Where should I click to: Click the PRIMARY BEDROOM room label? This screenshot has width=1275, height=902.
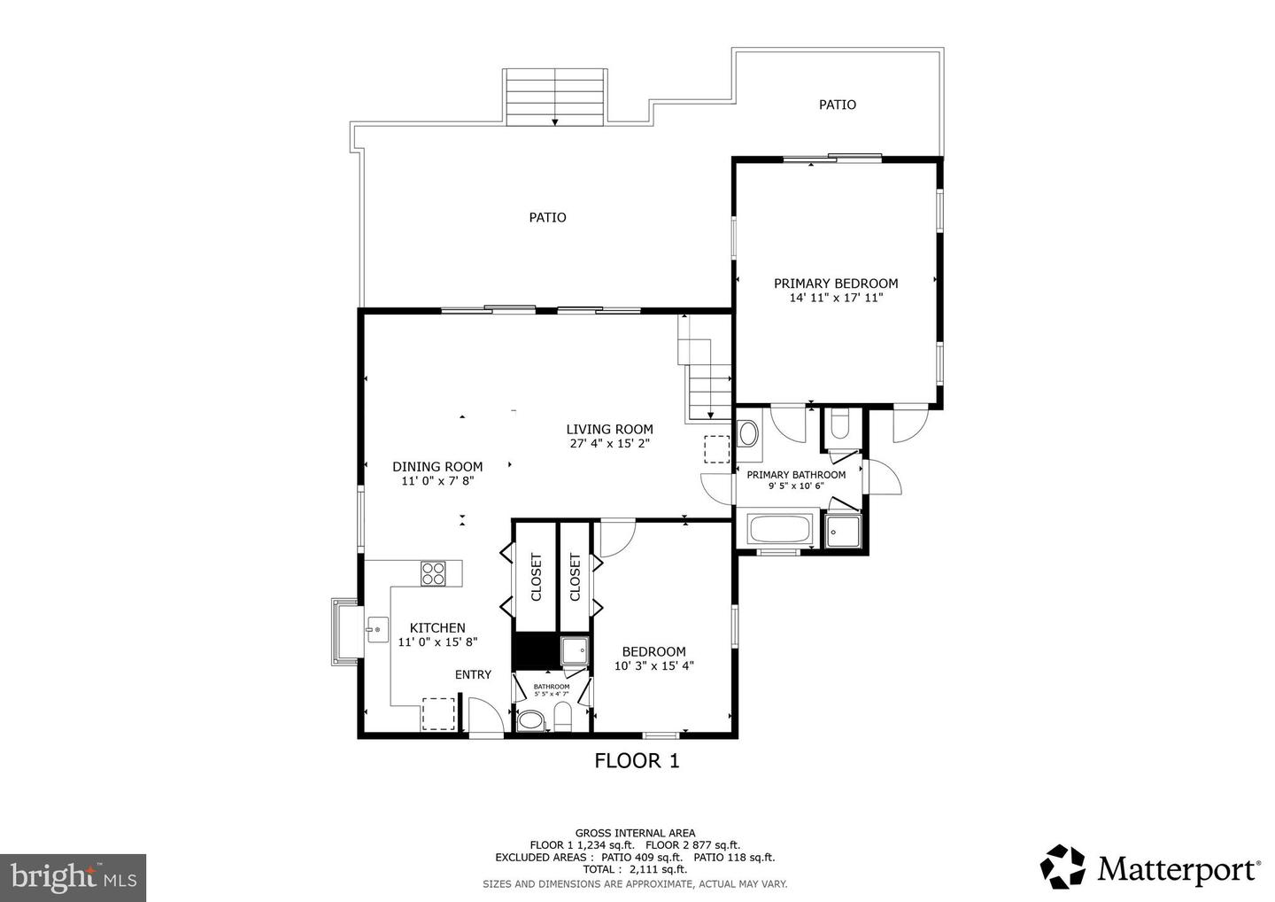point(836,284)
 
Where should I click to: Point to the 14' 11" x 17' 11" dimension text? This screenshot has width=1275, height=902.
point(836,299)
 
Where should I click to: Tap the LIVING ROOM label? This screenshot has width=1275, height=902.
point(609,430)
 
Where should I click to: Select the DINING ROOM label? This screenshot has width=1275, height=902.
point(437,467)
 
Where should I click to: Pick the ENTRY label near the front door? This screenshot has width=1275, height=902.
point(473,675)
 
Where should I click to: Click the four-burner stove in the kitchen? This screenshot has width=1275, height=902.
point(433,573)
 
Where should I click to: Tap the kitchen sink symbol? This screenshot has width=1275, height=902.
point(375,630)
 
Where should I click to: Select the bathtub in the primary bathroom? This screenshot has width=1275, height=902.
point(780,531)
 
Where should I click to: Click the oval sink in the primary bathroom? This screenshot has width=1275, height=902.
point(748,434)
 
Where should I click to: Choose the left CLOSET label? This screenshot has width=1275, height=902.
point(536,578)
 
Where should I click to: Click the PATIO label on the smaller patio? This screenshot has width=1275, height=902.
point(837,105)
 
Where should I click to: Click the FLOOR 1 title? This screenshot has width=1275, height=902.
point(637,760)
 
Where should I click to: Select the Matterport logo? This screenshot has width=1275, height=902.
point(1150,867)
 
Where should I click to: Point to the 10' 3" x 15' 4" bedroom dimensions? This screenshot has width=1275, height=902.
point(653,666)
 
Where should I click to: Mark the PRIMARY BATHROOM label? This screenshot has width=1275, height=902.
point(796,475)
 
